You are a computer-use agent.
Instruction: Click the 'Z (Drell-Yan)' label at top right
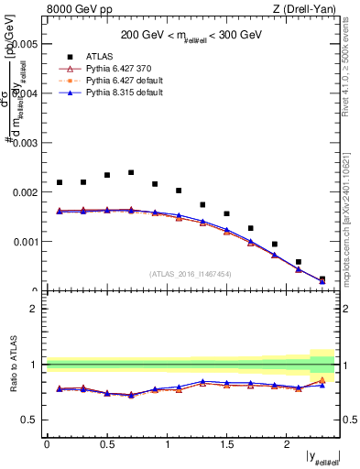309,10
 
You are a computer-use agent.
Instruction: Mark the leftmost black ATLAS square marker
59,182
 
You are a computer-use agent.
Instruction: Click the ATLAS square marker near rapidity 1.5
226,213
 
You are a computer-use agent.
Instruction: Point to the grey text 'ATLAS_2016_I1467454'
191,273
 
